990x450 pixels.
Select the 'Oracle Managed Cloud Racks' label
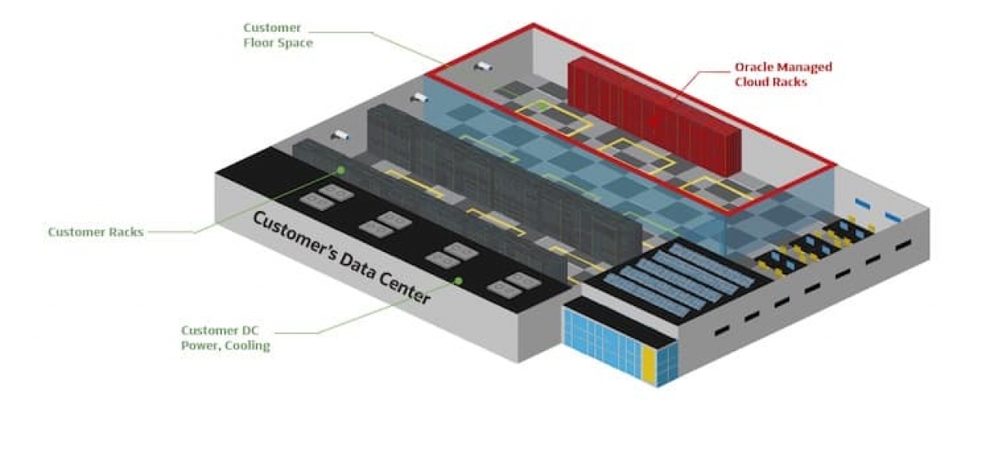[783, 74]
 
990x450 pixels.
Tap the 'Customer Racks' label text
[95, 232]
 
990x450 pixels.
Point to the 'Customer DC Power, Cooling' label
[225, 338]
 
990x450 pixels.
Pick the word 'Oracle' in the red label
[755, 67]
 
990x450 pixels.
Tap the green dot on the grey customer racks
[340, 169]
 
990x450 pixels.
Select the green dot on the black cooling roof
[458, 281]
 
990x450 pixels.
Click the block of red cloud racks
[654, 116]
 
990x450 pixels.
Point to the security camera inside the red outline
[483, 66]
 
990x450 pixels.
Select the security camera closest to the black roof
[340, 135]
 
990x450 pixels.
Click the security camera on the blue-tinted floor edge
[420, 98]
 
